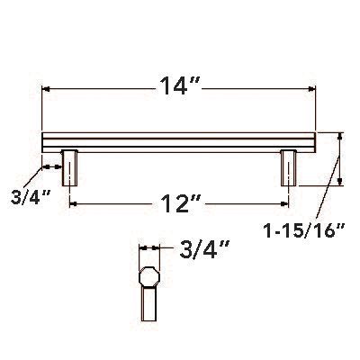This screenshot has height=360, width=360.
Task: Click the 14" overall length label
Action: (179, 88)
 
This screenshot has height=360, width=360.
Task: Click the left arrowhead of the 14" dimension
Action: (48, 89)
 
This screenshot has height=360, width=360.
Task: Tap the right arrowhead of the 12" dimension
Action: (286, 205)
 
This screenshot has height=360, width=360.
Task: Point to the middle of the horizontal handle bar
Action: (180, 142)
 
